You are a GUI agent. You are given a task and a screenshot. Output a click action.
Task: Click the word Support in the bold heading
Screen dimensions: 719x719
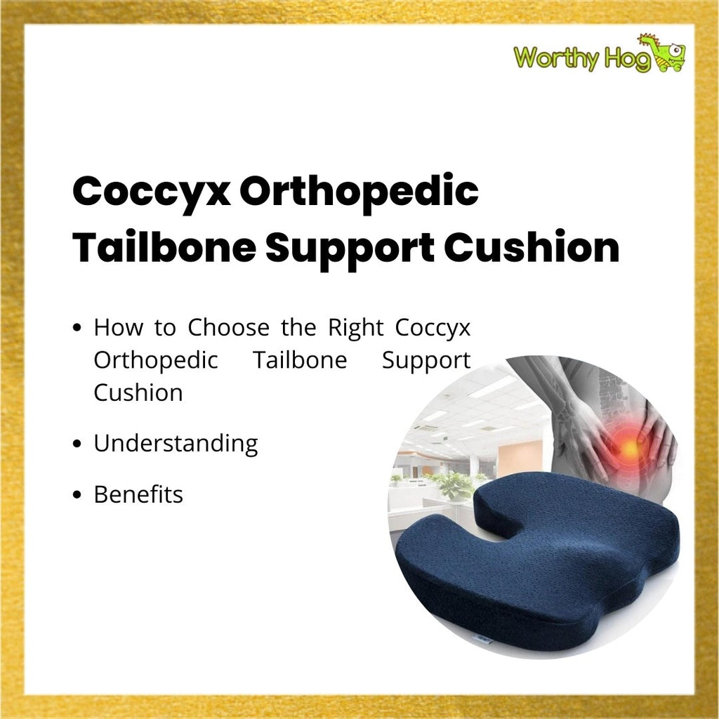pyautogui.click(x=350, y=249)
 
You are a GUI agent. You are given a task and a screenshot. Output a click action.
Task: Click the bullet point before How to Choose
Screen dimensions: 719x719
pyautogui.click(x=77, y=328)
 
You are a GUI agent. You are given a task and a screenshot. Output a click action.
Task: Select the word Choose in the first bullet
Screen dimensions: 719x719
pyautogui.click(x=228, y=327)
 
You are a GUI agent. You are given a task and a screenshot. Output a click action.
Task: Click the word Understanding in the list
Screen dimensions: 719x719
pyautogui.click(x=176, y=444)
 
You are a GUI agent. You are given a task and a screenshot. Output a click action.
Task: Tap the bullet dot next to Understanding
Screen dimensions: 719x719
pyautogui.click(x=77, y=444)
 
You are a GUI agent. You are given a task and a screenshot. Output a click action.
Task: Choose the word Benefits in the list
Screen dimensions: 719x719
pyautogui.click(x=138, y=494)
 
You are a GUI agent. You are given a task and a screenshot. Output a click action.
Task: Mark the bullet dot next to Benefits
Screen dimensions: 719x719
pyautogui.click(x=77, y=495)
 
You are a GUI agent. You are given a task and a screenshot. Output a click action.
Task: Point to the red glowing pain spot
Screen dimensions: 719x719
pyautogui.click(x=629, y=447)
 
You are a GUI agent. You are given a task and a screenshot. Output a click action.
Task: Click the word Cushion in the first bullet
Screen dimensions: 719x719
pyautogui.click(x=138, y=393)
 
